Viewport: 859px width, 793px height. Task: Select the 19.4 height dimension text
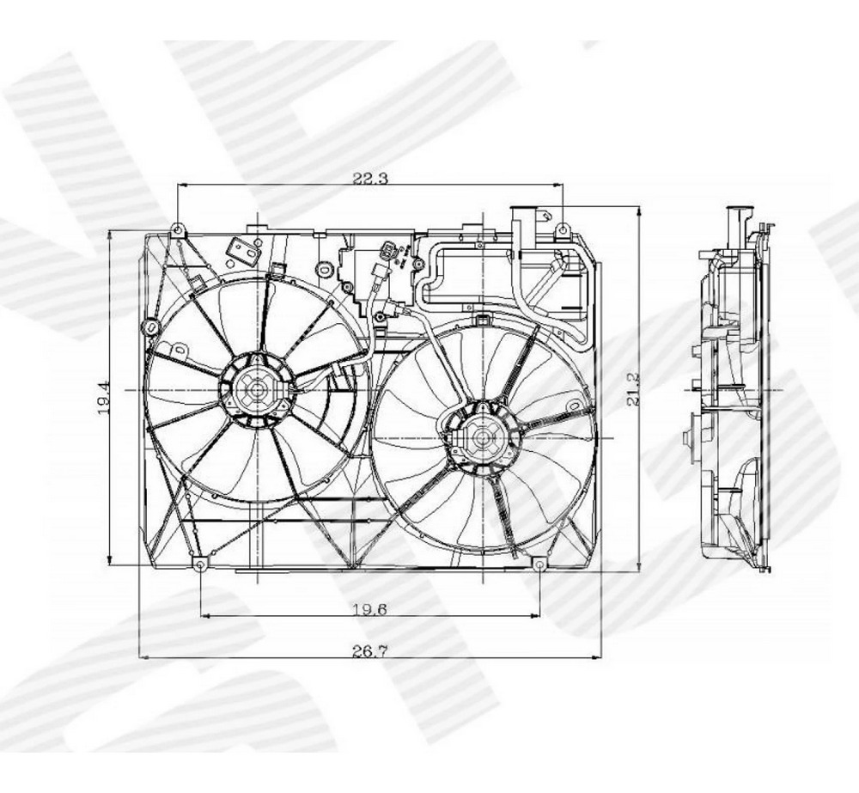104,397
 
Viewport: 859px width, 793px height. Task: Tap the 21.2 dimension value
633,390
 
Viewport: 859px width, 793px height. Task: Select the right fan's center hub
482,437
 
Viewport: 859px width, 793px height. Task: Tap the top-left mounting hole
178,228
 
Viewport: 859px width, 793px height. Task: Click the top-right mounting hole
563,229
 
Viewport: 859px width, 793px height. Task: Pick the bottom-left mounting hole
200,565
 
